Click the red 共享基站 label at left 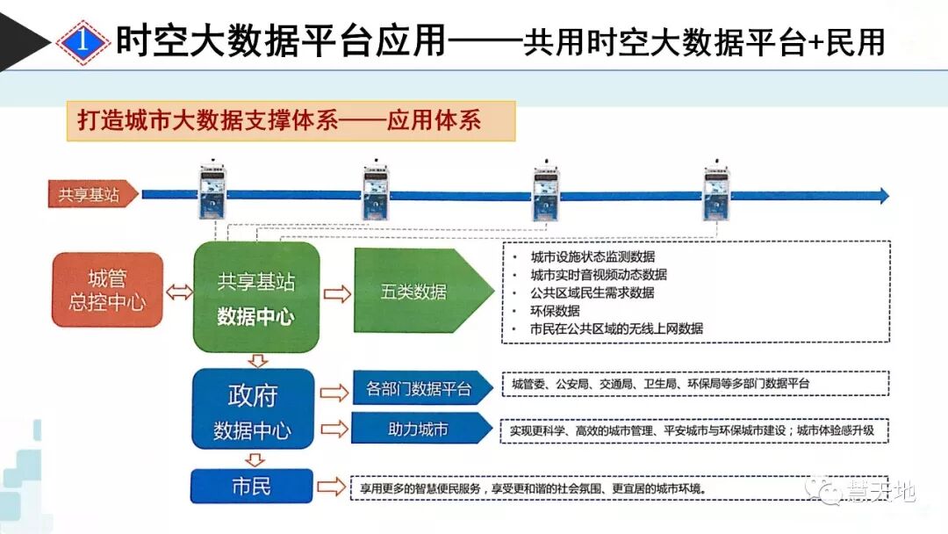pos(91,195)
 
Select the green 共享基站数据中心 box pos(256,298)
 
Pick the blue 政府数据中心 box pos(253,410)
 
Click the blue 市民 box pos(252,487)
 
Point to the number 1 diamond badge pos(82,40)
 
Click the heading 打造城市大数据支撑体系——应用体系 pos(291,121)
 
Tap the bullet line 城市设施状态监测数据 pos(592,257)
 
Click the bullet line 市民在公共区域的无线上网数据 pos(616,329)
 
